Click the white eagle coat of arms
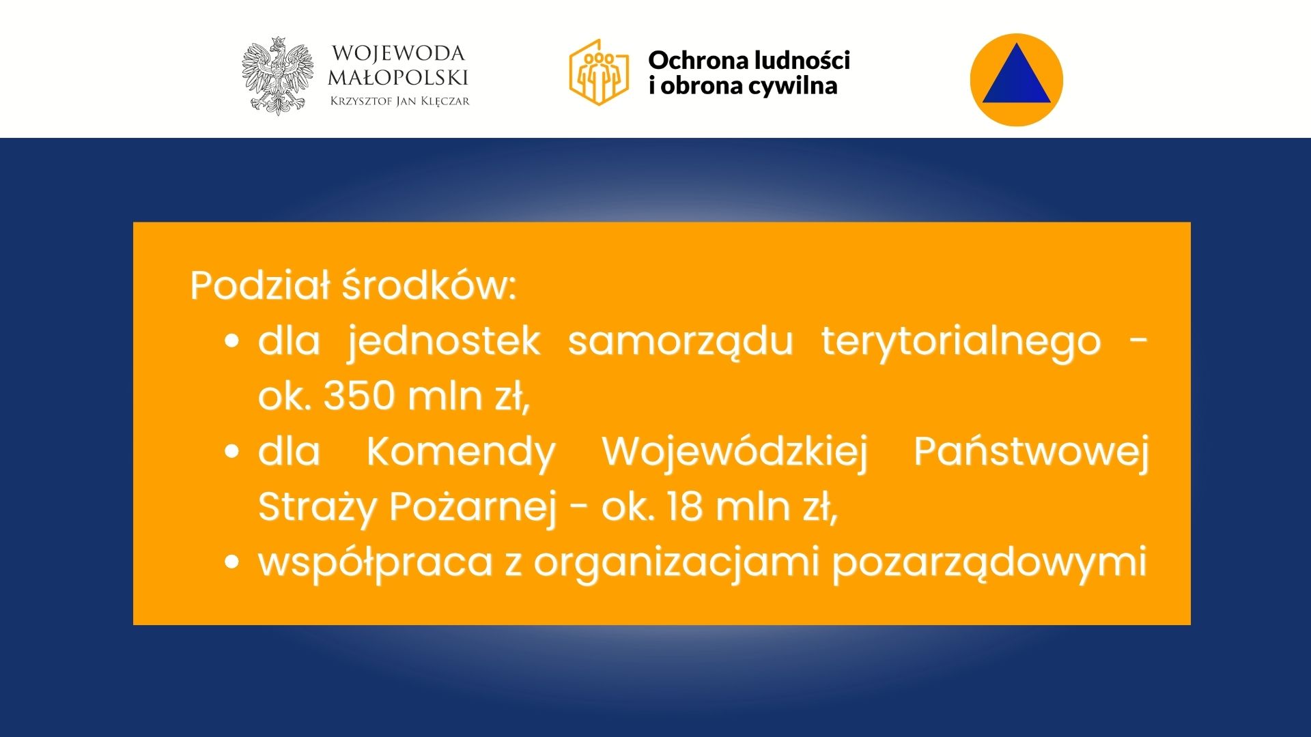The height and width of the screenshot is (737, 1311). pyautogui.click(x=277, y=76)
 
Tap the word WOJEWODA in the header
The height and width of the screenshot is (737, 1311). pyautogui.click(x=398, y=53)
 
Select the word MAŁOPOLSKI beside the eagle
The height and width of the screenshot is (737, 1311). pyautogui.click(x=398, y=77)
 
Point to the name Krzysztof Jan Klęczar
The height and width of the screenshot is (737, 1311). pyautogui.click(x=399, y=101)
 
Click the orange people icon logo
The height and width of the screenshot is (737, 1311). pyautogui.click(x=599, y=72)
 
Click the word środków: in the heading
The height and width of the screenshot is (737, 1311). pyautogui.click(x=429, y=285)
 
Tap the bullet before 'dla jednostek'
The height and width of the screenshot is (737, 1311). pyautogui.click(x=232, y=341)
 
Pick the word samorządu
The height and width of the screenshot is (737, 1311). pyautogui.click(x=680, y=341)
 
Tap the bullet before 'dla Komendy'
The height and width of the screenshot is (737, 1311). pyautogui.click(x=232, y=451)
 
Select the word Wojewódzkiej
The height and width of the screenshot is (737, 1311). pyautogui.click(x=735, y=452)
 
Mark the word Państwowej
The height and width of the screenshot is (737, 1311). pyautogui.click(x=1032, y=452)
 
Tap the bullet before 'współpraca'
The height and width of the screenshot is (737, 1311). pyautogui.click(x=232, y=562)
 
